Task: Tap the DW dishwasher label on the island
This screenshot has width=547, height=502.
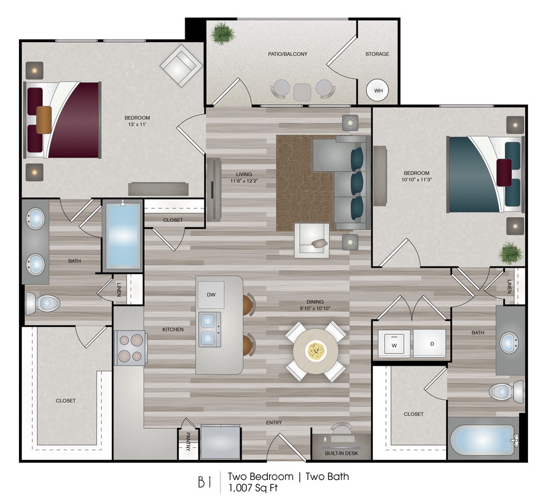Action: tap(211, 295)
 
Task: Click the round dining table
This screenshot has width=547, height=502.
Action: tap(315, 351)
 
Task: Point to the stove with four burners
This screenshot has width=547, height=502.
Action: tap(130, 348)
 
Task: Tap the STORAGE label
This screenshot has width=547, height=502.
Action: tap(377, 54)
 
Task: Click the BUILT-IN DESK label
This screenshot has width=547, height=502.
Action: tap(341, 453)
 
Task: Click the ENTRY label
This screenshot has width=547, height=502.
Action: tap(274, 423)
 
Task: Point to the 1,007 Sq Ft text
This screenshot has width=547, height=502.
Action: tap(253, 488)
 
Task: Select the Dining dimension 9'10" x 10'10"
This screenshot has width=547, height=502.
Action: tap(315, 308)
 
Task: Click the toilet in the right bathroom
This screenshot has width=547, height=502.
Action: tap(505, 391)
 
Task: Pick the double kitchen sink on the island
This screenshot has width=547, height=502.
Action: tap(209, 329)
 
